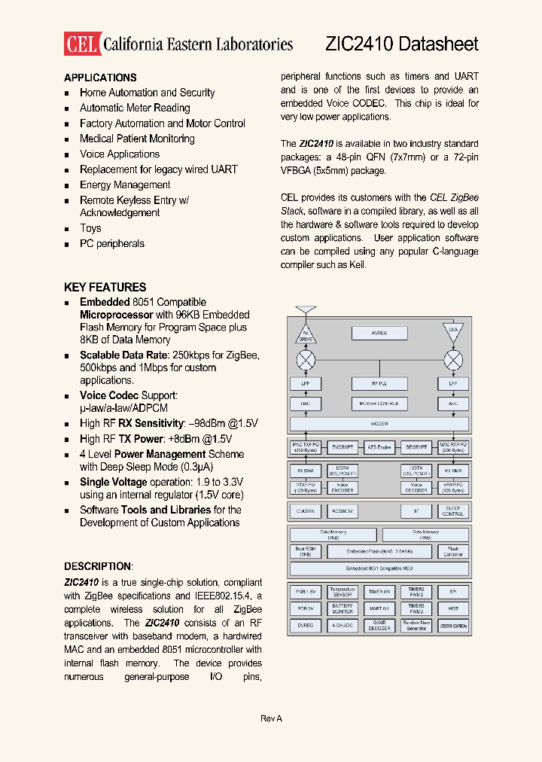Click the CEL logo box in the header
click(x=81, y=44)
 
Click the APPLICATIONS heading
click(x=100, y=78)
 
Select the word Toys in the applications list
click(x=90, y=228)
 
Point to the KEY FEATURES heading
click(x=105, y=287)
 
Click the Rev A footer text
click(x=271, y=718)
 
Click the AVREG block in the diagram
click(x=379, y=333)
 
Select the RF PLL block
click(x=379, y=383)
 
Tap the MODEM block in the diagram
click(x=379, y=424)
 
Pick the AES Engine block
click(x=379, y=447)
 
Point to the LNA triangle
click(x=453, y=331)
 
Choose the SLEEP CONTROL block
click(x=453, y=511)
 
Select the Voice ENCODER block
click(x=343, y=488)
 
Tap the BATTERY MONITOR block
click(x=343, y=608)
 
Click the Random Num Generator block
click(x=416, y=625)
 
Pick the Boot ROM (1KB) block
click(x=306, y=552)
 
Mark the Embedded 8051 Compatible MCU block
click(x=379, y=569)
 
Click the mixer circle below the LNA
click(x=453, y=359)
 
